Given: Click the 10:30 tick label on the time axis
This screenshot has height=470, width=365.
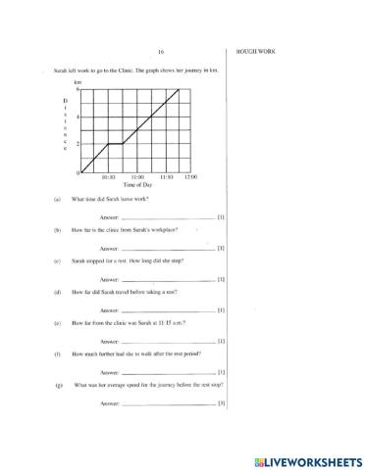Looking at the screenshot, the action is pyautogui.click(x=108, y=177).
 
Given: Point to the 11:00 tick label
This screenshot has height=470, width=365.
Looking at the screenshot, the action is pyautogui.click(x=136, y=177).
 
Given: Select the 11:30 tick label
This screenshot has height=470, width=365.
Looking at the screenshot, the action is pyautogui.click(x=165, y=177).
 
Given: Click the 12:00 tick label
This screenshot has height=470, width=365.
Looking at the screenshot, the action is pyautogui.click(x=190, y=177).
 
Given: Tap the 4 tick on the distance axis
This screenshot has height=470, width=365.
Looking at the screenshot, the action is pyautogui.click(x=78, y=117).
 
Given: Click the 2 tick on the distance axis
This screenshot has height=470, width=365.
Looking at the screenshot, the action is pyautogui.click(x=78, y=144).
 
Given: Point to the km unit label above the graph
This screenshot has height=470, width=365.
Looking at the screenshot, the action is pyautogui.click(x=78, y=84).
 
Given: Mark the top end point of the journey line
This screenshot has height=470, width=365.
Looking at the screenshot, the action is pyautogui.click(x=179, y=89).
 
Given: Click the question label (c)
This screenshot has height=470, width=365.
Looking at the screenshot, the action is pyautogui.click(x=58, y=260).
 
